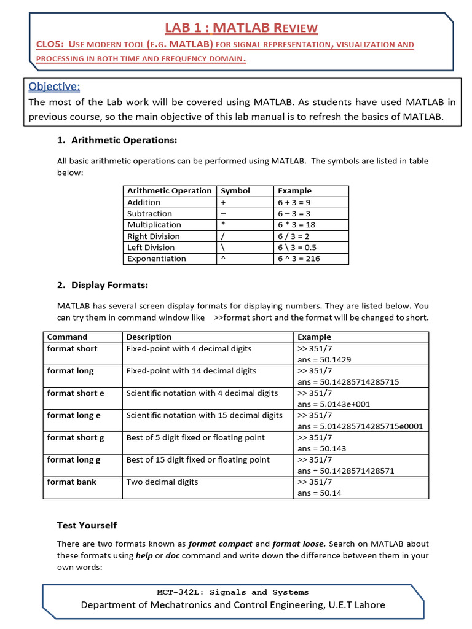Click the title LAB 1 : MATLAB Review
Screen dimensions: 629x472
coord(241,28)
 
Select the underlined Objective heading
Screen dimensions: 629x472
coord(55,87)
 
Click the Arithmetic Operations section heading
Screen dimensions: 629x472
coord(124,140)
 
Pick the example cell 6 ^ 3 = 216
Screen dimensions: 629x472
coord(299,259)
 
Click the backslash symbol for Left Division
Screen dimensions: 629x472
coord(224,248)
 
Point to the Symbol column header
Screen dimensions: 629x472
coord(235,191)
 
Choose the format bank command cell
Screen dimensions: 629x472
coord(72,482)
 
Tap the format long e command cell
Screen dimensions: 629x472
coord(74,415)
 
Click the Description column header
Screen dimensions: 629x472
coord(149,337)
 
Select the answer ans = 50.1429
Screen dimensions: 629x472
coord(324,360)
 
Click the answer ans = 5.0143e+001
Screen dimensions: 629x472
coord(333,404)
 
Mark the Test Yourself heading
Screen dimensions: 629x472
coord(87,525)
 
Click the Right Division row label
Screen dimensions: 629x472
coord(154,236)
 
